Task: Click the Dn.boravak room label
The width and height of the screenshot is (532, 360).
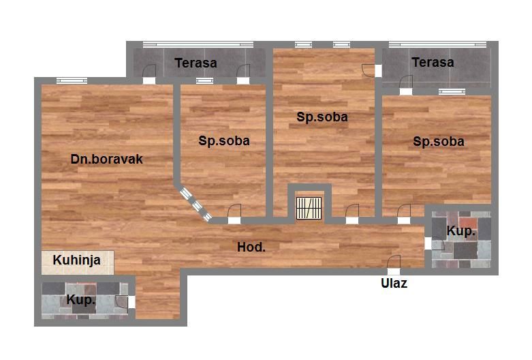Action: (106, 160)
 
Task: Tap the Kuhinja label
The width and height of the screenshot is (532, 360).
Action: (77, 260)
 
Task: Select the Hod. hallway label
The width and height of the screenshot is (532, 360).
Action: (251, 247)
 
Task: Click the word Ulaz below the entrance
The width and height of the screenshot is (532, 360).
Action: (394, 283)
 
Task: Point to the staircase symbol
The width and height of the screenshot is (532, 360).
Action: (309, 208)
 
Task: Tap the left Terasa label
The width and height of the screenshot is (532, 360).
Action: (195, 63)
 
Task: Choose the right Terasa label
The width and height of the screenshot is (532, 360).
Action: (433, 62)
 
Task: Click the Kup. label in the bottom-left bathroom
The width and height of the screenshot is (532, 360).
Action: (81, 299)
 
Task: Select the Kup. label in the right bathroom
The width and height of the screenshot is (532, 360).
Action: (460, 231)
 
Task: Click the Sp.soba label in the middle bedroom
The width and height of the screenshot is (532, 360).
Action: (322, 117)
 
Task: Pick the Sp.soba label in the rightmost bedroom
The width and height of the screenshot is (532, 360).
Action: (439, 141)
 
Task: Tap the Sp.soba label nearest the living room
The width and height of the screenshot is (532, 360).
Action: (224, 140)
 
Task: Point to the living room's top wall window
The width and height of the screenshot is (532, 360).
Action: (72, 80)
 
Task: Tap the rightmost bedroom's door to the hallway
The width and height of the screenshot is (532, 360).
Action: (404, 214)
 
